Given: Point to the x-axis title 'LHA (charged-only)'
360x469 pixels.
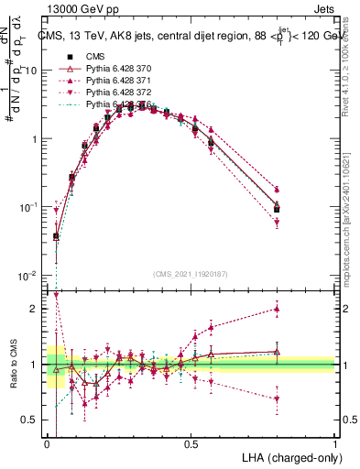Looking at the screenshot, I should coord(286,456).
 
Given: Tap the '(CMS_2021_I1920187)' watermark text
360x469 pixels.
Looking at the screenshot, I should coord(191,273).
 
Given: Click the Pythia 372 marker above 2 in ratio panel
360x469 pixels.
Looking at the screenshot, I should coord(56,295).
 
